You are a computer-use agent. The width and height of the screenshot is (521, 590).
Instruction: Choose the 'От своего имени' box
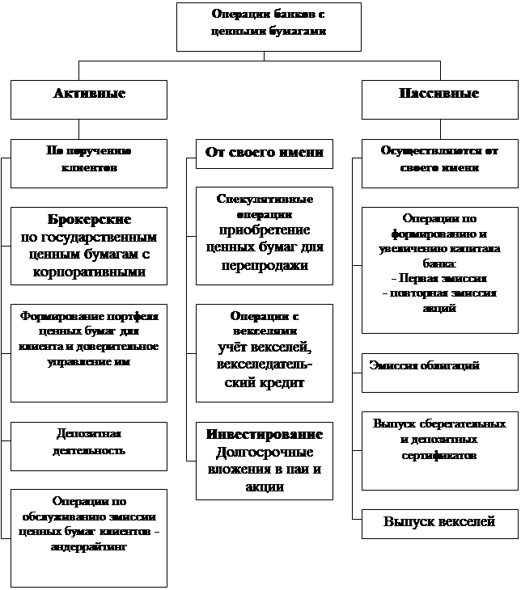[x=265, y=153]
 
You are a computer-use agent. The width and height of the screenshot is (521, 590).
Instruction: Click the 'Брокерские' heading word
[x=89, y=220]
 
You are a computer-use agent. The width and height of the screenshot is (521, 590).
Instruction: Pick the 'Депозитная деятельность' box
[x=89, y=445]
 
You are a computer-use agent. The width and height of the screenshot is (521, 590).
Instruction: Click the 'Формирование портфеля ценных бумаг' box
[x=89, y=352]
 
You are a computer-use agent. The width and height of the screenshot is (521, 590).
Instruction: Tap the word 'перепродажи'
[x=265, y=265]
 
